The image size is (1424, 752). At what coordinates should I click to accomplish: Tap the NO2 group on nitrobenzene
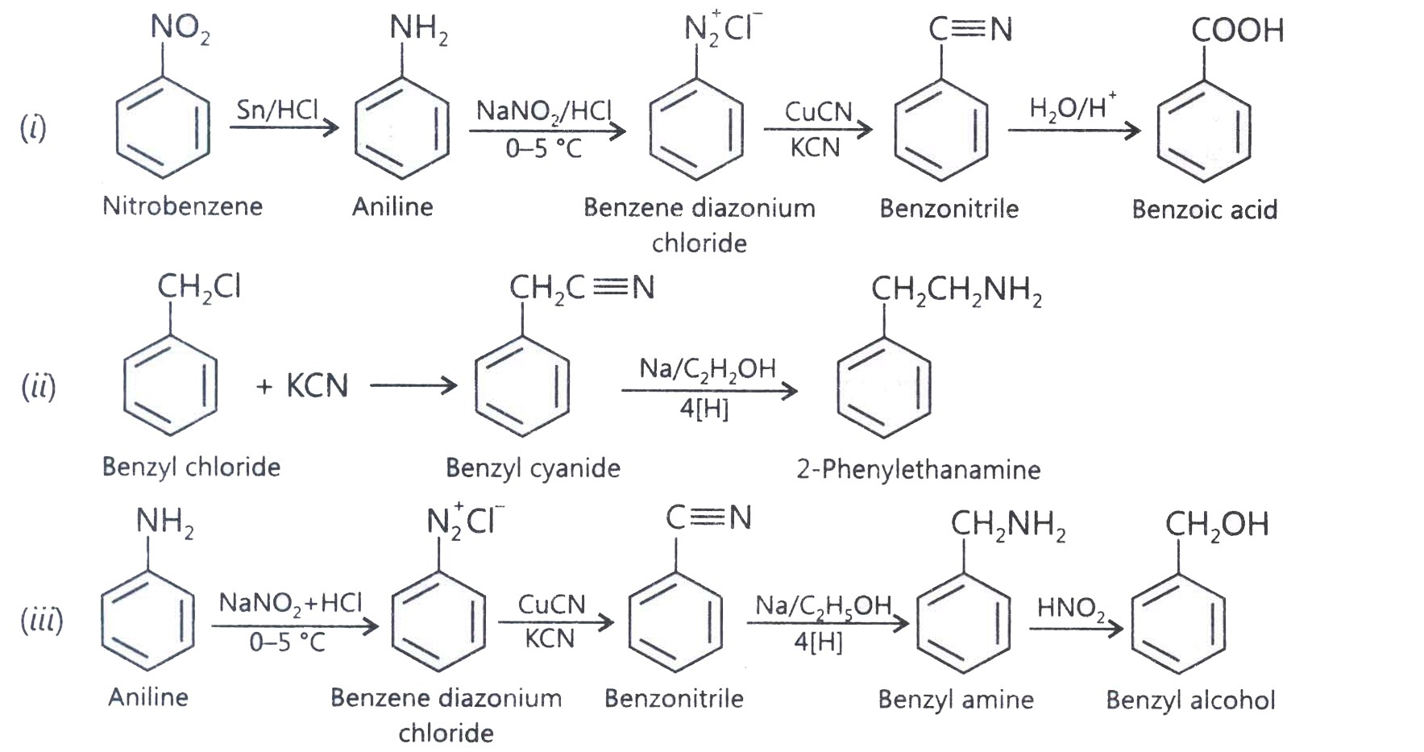[x=180, y=29]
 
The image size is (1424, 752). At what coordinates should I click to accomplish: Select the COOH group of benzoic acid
[x=1237, y=30]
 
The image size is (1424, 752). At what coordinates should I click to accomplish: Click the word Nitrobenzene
[x=182, y=206]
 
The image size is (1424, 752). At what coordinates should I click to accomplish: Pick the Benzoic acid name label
[x=1204, y=210]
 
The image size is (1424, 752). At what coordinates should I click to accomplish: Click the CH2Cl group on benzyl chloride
[x=199, y=287]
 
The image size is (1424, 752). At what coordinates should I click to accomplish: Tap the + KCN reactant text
[x=302, y=386]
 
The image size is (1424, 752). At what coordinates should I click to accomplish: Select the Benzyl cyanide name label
[x=533, y=468]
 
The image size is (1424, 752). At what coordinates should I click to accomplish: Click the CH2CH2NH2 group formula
[x=956, y=290]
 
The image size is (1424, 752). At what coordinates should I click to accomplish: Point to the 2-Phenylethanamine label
[x=919, y=469]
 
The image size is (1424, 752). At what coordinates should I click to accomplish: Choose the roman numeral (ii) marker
[x=39, y=386]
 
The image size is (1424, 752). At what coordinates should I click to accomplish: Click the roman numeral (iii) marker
[x=42, y=620]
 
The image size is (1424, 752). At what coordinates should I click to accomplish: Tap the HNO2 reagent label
[x=1072, y=609]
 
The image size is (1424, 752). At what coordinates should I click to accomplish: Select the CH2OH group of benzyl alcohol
[x=1217, y=525]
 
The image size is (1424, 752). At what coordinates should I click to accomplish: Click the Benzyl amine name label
[x=956, y=700]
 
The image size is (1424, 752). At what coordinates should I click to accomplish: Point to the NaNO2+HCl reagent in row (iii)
[x=290, y=603]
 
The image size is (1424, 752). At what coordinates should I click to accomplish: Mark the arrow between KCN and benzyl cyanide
[x=413, y=386]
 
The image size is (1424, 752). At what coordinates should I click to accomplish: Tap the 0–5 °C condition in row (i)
[x=544, y=148]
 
